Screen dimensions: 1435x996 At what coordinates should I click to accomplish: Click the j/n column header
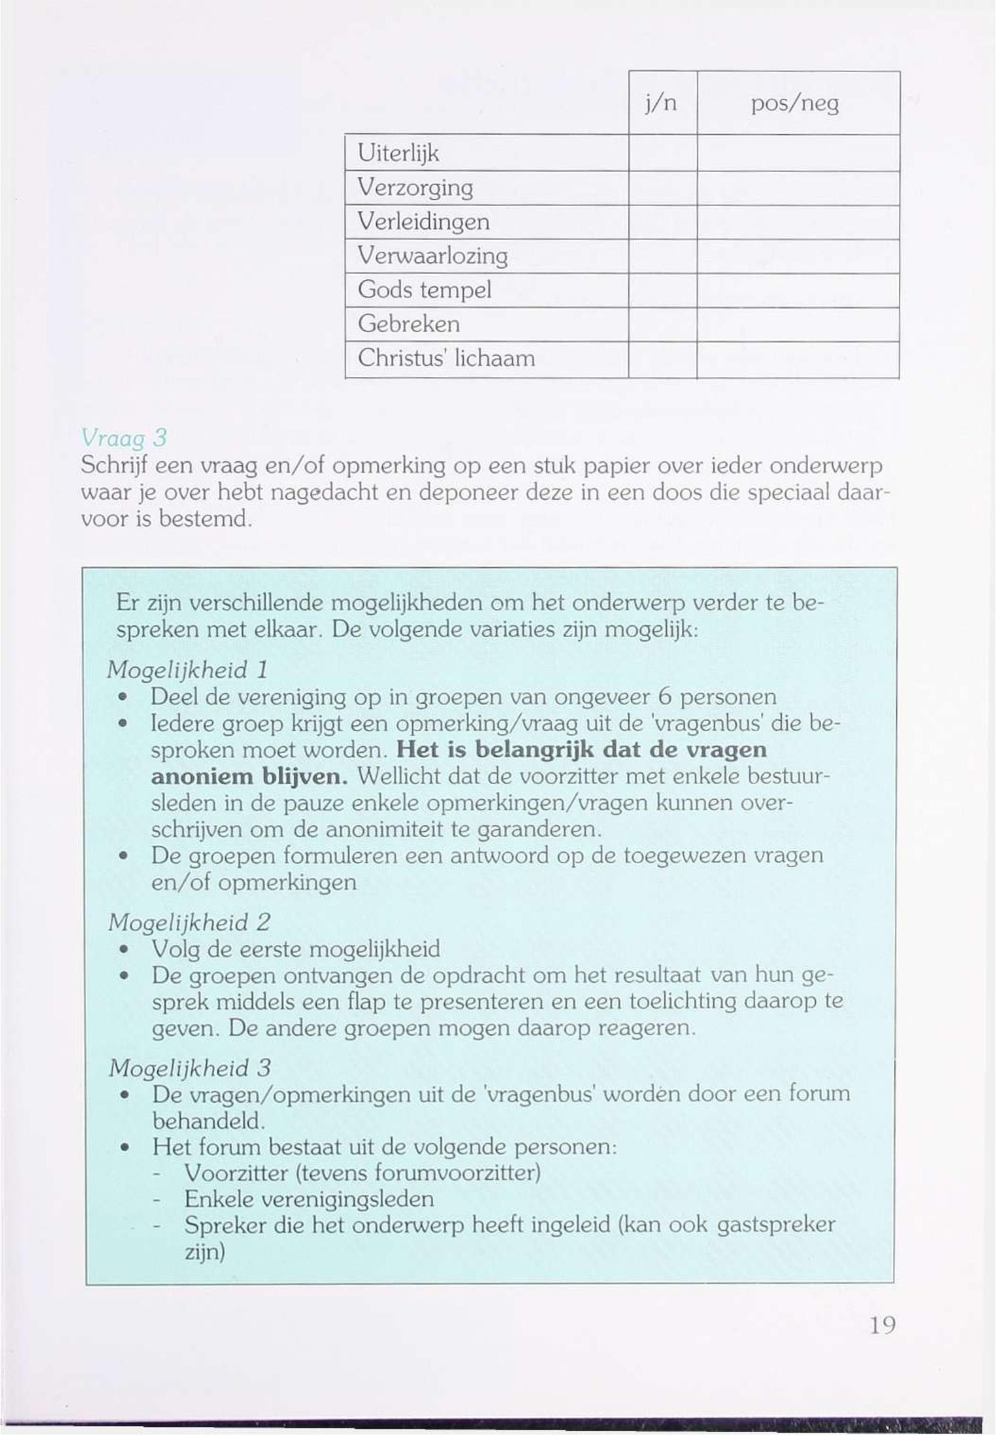662,104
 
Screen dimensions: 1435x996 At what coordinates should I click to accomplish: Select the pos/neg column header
795,104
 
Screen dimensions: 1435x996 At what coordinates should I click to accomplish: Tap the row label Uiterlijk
399,153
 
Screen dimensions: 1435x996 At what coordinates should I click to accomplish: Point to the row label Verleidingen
424,222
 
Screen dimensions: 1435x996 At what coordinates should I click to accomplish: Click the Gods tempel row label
424,290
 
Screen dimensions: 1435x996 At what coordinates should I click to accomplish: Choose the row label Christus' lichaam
446,359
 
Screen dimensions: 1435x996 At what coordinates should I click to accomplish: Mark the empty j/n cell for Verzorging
662,188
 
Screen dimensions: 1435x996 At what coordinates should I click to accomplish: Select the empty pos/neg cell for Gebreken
797,324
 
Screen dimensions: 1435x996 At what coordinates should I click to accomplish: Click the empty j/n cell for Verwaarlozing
662,256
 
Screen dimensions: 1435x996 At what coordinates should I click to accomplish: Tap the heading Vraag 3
124,439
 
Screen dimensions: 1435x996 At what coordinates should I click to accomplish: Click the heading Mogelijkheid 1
188,671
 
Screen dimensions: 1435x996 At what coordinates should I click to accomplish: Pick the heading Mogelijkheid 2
189,922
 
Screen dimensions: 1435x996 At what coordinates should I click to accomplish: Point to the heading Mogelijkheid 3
189,1068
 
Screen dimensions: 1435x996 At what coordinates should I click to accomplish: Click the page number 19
883,1324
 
